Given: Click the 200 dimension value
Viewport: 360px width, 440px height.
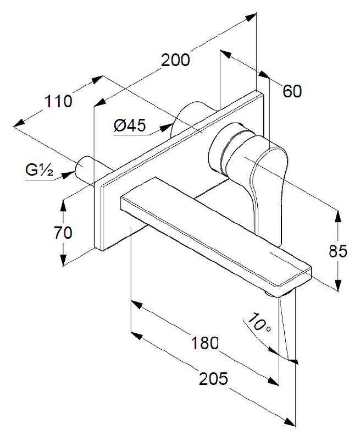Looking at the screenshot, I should [175, 60].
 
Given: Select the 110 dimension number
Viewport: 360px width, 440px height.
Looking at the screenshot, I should [58, 102].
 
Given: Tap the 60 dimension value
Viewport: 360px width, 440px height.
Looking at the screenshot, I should [292, 91].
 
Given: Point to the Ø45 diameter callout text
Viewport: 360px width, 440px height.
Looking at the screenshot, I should [130, 126].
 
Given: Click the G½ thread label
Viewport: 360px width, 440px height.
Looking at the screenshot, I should [38, 170].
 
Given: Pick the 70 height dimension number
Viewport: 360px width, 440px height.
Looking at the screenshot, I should [63, 232].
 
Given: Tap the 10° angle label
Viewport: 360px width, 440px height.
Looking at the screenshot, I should [258, 323].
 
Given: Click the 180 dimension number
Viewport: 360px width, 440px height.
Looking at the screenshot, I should [205, 343].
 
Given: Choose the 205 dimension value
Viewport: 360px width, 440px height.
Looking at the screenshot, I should [213, 379].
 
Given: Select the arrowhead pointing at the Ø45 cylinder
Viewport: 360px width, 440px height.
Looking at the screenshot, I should [164, 128].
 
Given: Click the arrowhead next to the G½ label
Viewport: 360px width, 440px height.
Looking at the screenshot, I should [68, 174].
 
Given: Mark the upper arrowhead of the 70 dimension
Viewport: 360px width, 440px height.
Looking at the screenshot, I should [64, 202].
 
